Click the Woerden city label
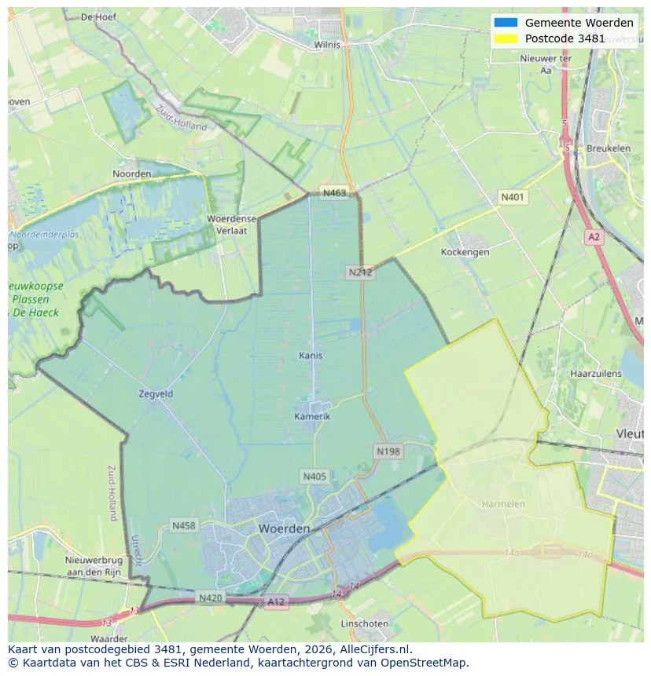click(284, 529)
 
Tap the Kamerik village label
click(312, 416)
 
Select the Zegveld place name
click(156, 394)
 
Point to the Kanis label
click(311, 356)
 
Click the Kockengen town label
click(465, 252)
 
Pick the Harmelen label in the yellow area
click(503, 503)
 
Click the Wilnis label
click(327, 45)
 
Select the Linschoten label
click(364, 623)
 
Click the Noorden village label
click(132, 174)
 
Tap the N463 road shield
click(333, 193)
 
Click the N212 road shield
click(360, 272)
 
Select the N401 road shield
click(513, 197)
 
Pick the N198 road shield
click(388, 451)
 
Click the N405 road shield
click(314, 477)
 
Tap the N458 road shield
click(184, 525)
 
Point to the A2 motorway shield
click(594, 236)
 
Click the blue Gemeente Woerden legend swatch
click(506, 23)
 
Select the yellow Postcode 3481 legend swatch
click(506, 38)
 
